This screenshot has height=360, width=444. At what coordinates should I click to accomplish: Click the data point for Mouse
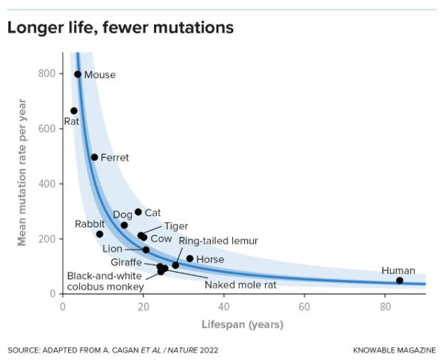click(x=78, y=74)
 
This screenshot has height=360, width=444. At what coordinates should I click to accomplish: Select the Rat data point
click(x=74, y=111)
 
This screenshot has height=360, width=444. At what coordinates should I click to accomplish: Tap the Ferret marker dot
click(x=94, y=157)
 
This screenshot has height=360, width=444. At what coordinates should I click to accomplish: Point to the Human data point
click(x=400, y=280)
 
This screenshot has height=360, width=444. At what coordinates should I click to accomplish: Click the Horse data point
click(x=189, y=259)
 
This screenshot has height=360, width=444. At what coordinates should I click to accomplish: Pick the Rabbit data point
click(x=100, y=234)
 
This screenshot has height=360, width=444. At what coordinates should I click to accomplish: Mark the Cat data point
click(x=138, y=212)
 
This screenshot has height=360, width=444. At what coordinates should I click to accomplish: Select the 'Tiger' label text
click(x=176, y=226)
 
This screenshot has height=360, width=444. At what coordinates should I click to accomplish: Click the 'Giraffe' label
click(x=127, y=262)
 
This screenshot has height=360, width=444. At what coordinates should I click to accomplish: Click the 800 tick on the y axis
click(x=48, y=73)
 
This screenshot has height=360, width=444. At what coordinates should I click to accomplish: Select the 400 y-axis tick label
click(x=48, y=184)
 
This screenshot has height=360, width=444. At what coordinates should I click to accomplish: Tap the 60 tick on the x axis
click(x=304, y=307)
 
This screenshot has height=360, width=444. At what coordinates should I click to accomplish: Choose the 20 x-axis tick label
click(x=143, y=307)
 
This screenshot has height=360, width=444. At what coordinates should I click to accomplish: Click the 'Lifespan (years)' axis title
click(x=243, y=324)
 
